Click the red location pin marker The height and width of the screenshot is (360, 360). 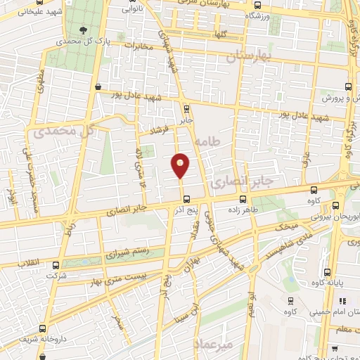coord(181,165)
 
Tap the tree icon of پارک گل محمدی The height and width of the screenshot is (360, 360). coord(84,30)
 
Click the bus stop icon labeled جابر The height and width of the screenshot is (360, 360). coord(186,109)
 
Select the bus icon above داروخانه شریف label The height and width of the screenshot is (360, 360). coord(44,328)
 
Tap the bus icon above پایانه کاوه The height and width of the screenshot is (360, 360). coord(328,273)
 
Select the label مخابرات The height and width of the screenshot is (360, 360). coord(138,46)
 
